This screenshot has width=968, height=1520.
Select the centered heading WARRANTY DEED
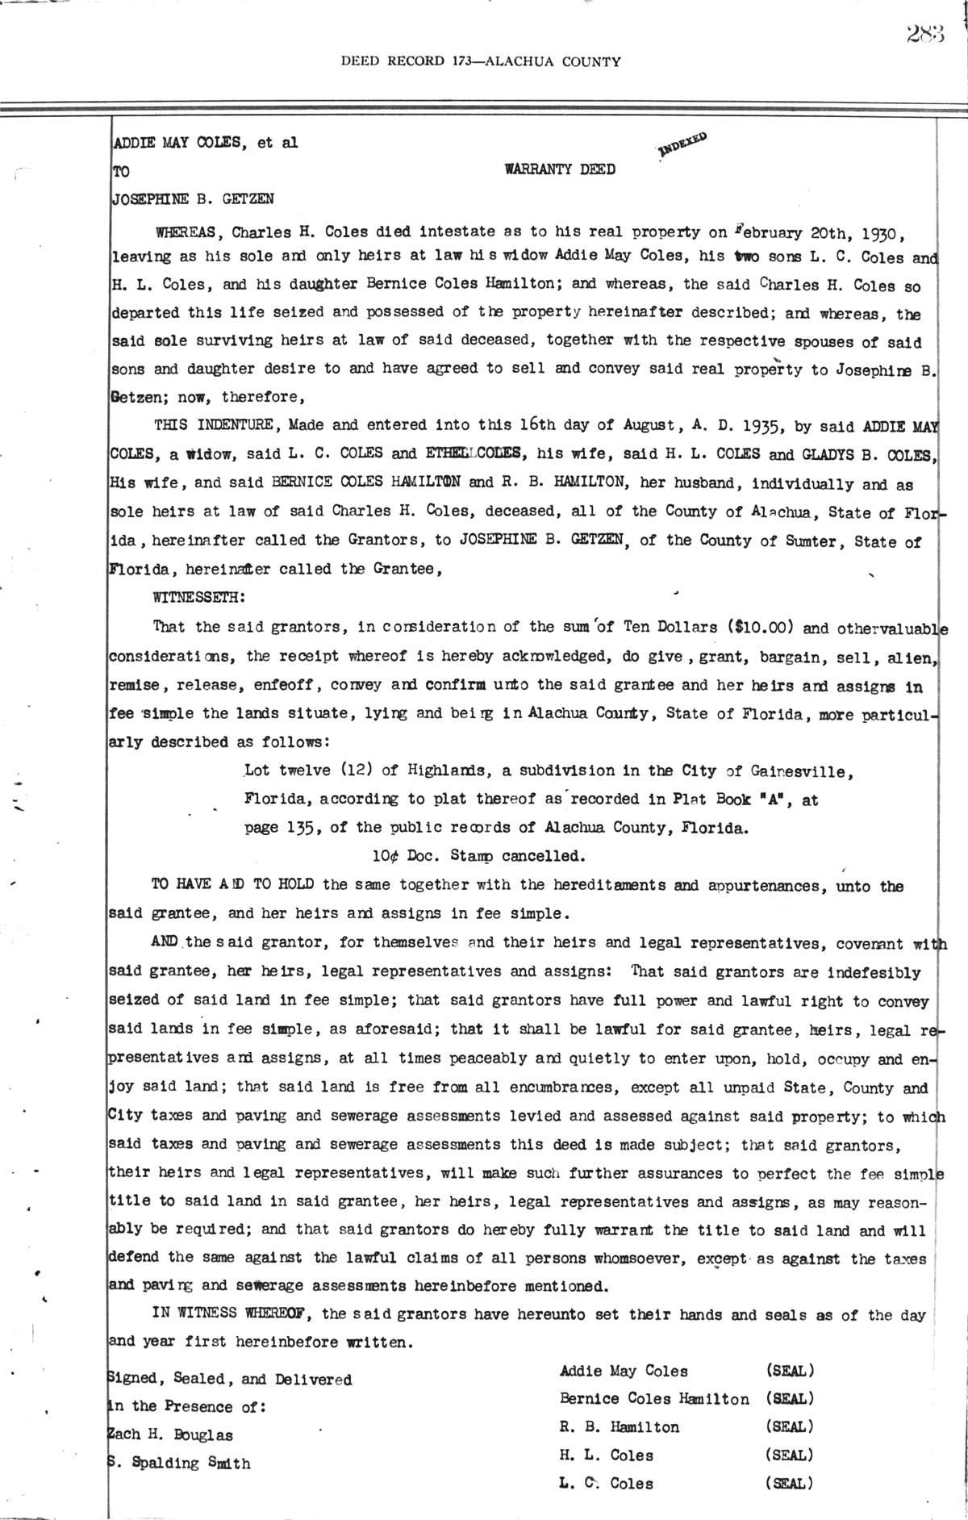pyautogui.click(x=560, y=169)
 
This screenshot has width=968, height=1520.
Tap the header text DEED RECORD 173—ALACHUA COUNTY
pyautogui.click(x=481, y=61)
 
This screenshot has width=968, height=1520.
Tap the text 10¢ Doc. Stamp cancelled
pyautogui.click(x=475, y=854)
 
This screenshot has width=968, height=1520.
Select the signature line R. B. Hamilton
pyautogui.click(x=620, y=1427)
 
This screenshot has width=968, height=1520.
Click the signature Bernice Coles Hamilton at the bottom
pyautogui.click(x=654, y=1399)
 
